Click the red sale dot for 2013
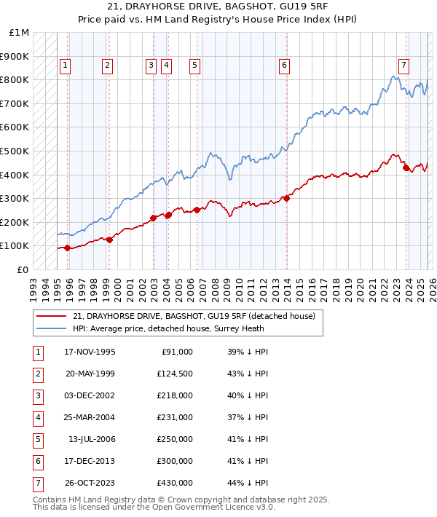pos(287,197)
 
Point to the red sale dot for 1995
pos(68,248)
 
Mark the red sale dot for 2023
pos(406,167)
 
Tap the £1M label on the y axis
pos(20,33)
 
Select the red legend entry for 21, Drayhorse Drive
pos(194,316)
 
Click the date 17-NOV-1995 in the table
pos(90,352)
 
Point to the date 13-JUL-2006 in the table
pos(91,439)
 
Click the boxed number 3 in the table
pos(37,395)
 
